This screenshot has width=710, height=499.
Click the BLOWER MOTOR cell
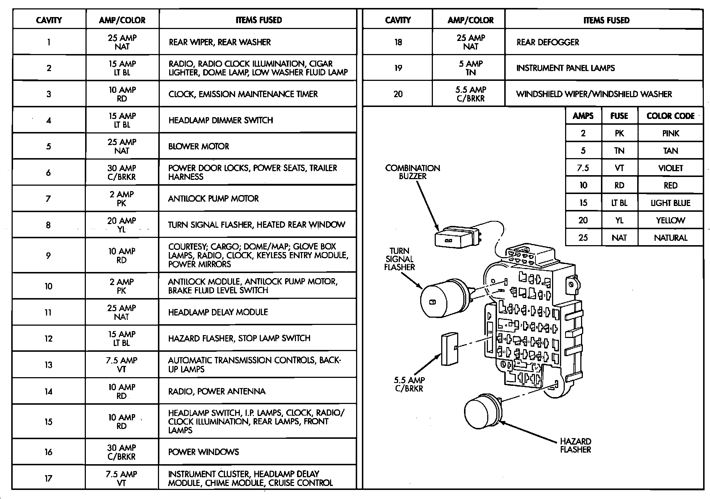pos(199,147)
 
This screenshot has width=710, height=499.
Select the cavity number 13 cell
pos(49,365)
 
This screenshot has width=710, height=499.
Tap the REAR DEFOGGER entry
pos(547,42)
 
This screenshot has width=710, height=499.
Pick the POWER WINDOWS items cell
pos(203,452)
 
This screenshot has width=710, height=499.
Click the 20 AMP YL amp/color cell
pos(122,225)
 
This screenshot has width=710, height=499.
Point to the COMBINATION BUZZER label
pos(413,172)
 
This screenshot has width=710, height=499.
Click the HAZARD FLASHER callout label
pos(575,445)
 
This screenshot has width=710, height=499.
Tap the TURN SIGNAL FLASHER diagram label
pos(399,259)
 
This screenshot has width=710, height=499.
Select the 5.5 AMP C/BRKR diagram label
pos(409,384)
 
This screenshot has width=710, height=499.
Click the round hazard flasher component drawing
pos(482,411)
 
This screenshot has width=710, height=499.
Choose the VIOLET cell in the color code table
pos(670,168)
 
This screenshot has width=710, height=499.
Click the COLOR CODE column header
pos(670,116)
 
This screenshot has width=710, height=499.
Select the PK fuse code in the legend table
pos(619,133)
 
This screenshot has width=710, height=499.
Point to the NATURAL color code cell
pos(670,238)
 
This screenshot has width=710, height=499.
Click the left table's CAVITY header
pos(49,20)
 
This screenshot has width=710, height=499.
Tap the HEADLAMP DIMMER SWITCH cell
pos(221,120)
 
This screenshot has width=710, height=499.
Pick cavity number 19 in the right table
pos(398,68)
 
